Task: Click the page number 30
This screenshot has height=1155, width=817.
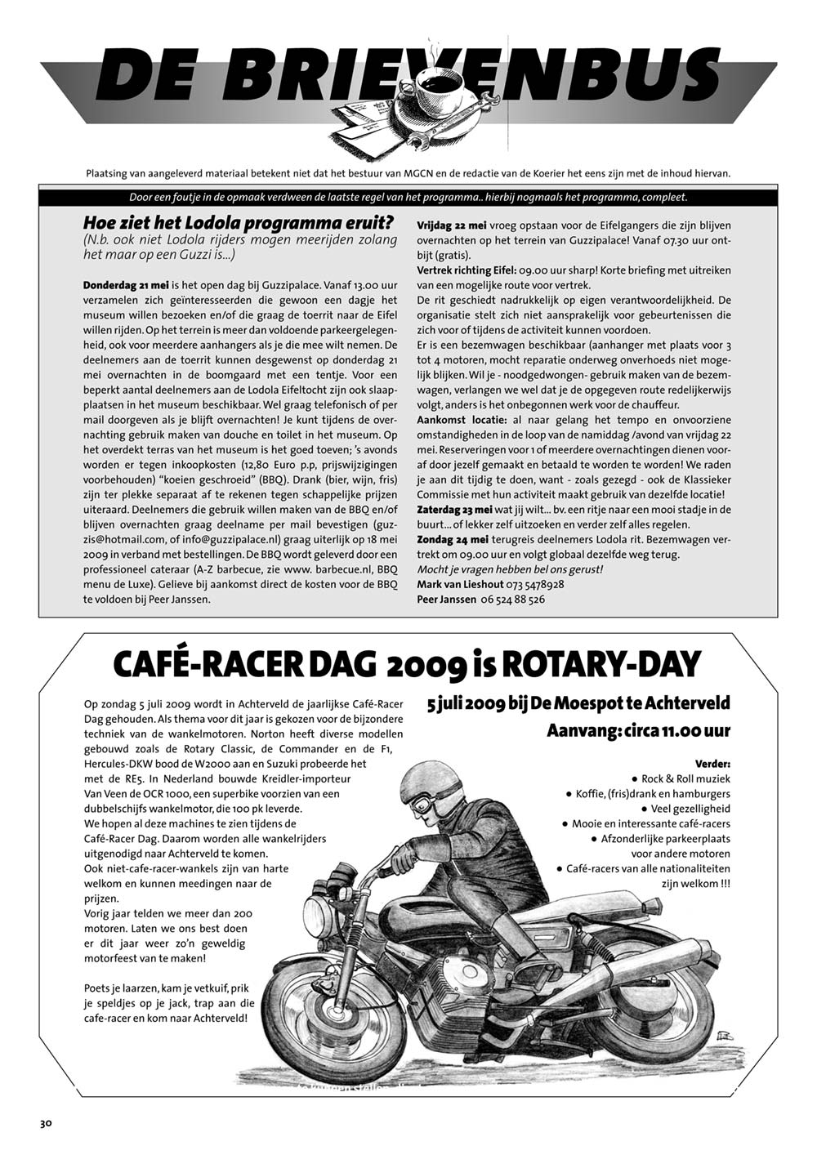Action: (x=46, y=1123)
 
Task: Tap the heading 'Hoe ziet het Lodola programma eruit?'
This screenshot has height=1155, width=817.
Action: (x=239, y=222)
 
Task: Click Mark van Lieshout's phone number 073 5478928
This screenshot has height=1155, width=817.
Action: (x=535, y=584)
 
